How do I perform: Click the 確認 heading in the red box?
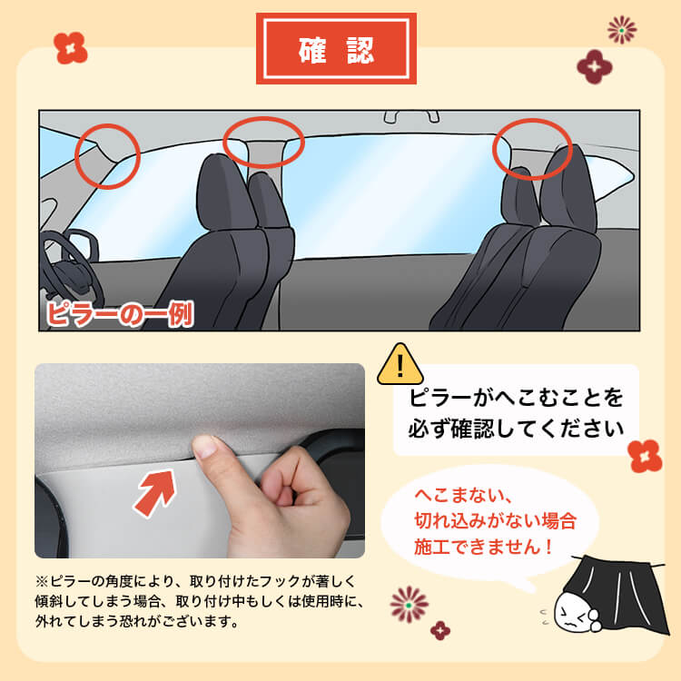pos(336,49)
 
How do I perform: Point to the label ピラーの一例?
pos(119,313)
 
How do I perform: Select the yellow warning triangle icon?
pos(400,365)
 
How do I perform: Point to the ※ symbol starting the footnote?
pos(42,580)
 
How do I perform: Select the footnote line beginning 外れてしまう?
pos(136,622)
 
